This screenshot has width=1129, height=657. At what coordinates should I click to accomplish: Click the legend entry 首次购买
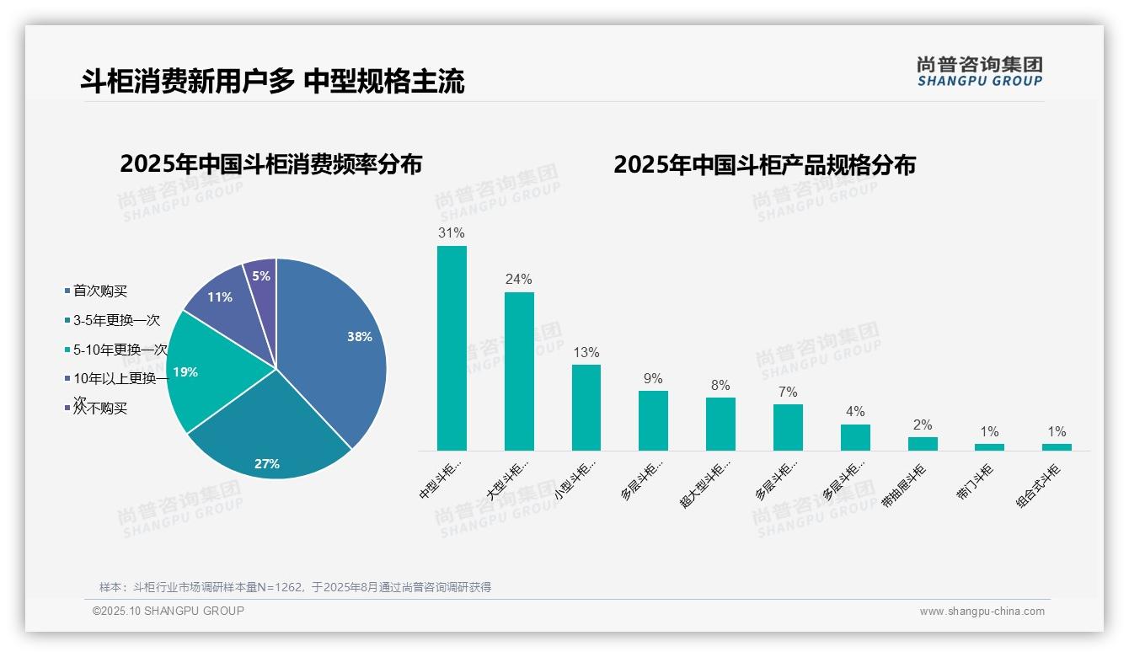[x=99, y=291]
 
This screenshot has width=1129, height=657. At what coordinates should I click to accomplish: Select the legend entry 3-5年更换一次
[x=115, y=320]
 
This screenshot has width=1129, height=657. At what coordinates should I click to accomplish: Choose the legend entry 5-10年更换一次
[x=120, y=350]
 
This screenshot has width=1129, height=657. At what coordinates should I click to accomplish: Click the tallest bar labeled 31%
[x=452, y=347]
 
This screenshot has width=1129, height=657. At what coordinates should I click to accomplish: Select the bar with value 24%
[x=519, y=371]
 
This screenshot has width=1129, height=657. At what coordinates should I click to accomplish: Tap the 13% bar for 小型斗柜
[x=586, y=407]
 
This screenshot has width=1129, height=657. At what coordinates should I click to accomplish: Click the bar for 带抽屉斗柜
[x=923, y=443]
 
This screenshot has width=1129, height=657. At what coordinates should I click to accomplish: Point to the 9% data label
[x=653, y=379]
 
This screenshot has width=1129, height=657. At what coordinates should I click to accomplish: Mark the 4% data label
[x=855, y=412]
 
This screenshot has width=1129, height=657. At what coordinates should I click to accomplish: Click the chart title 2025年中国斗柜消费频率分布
[x=270, y=164]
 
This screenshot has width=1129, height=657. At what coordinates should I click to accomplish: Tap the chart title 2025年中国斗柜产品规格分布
[x=764, y=165]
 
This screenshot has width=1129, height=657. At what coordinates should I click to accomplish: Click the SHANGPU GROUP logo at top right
[x=979, y=72]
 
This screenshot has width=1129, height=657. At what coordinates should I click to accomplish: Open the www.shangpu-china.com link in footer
[x=982, y=612]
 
